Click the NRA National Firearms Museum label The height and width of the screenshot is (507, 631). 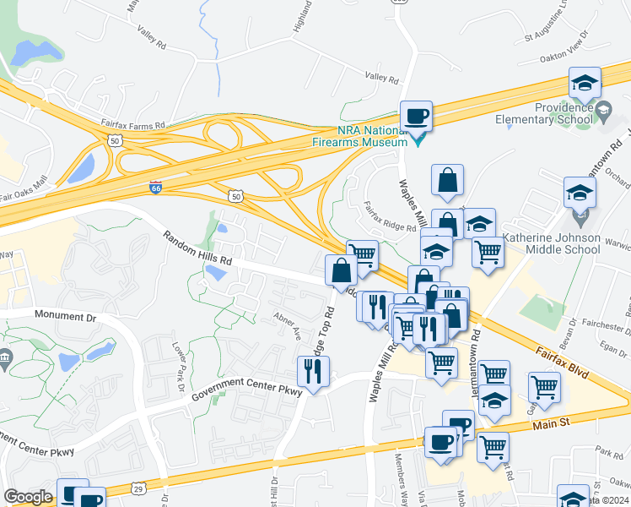pyautogui.click(x=373, y=137)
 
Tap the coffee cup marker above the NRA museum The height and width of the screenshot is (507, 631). pyautogui.click(x=416, y=116)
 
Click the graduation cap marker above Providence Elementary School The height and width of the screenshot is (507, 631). pyautogui.click(x=584, y=84)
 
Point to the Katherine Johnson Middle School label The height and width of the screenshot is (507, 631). pyautogui.click(x=552, y=244)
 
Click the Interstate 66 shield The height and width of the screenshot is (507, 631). pyautogui.click(x=156, y=188)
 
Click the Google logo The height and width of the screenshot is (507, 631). pyautogui.click(x=28, y=497)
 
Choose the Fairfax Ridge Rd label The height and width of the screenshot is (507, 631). pyautogui.click(x=390, y=216)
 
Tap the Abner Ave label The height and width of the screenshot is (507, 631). pyautogui.click(x=287, y=325)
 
